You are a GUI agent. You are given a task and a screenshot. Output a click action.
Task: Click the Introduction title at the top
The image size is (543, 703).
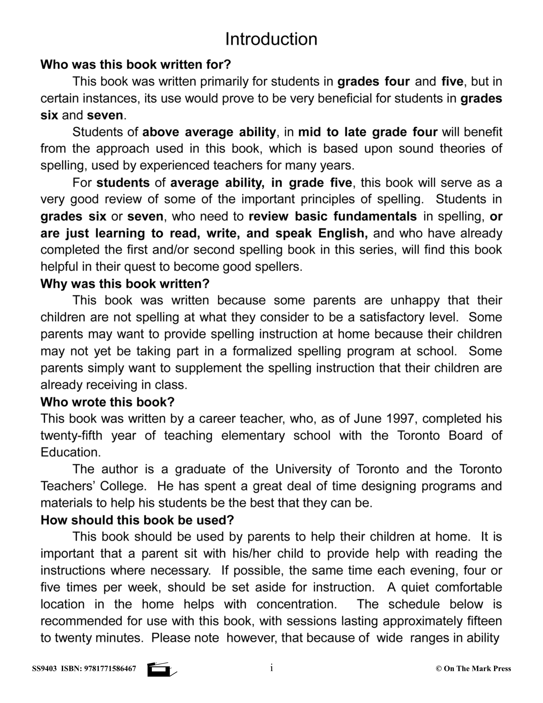[271, 39]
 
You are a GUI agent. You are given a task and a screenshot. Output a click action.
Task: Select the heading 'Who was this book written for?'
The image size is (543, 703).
[136, 65]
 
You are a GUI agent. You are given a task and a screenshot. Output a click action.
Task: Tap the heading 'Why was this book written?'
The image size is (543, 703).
[125, 284]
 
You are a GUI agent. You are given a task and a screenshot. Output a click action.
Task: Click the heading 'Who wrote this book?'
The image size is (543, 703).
[107, 402]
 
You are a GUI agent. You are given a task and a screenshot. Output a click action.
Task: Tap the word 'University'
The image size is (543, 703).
[303, 469]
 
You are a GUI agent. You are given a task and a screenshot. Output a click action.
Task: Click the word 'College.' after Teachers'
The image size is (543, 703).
[123, 486]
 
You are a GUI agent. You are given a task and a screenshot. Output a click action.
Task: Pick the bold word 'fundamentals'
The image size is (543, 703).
[375, 216]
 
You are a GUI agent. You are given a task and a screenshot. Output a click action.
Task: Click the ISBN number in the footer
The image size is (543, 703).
[110, 669]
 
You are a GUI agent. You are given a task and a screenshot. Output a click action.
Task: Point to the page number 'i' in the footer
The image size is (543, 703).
[271, 668]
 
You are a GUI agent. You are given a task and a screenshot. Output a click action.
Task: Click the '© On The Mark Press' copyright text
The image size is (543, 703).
[473, 669]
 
